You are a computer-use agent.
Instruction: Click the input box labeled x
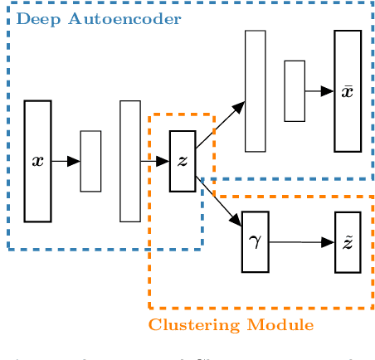[x=37, y=161]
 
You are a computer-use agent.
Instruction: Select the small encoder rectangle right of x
[x=90, y=161]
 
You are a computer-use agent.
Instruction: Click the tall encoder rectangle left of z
[x=130, y=161]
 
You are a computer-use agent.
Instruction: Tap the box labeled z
[x=183, y=161]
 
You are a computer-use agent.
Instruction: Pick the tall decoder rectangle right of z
[x=255, y=91]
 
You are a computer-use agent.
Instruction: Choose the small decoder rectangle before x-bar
[x=295, y=91]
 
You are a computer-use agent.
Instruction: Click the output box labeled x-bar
[x=348, y=91]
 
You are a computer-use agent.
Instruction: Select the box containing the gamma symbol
[x=255, y=241]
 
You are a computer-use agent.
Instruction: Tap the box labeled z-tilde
[x=348, y=241]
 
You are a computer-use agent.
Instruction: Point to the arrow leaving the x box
[x=66, y=161]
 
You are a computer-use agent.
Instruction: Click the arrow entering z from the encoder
[x=155, y=161]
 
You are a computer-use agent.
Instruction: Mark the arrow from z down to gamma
[x=219, y=200]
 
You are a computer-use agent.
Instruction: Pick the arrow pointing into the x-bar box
[x=319, y=91]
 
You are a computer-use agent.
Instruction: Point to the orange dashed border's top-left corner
[x=150, y=115]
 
